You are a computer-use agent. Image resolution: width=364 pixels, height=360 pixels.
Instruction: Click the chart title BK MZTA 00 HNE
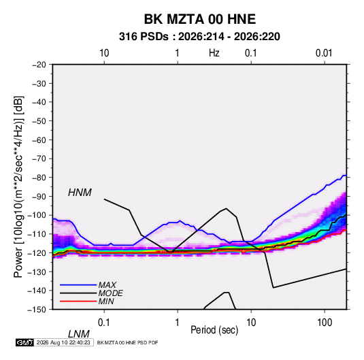click(200, 19)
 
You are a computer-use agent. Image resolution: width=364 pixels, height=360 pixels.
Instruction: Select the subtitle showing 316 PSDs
click(199, 37)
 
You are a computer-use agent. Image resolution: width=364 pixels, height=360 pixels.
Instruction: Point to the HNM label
click(80, 193)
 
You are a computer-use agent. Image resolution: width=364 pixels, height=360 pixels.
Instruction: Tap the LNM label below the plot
click(79, 334)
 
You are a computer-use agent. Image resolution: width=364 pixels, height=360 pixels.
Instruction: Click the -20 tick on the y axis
click(39, 65)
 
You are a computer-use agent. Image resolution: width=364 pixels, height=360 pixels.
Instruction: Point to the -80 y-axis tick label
click(39, 178)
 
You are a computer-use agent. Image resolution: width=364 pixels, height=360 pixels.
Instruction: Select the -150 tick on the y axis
click(37, 310)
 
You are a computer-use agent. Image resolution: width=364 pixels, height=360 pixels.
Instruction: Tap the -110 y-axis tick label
click(37, 234)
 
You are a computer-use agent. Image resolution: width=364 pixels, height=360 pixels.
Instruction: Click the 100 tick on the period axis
click(325, 322)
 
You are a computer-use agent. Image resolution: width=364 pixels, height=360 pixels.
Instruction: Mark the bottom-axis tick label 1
click(178, 322)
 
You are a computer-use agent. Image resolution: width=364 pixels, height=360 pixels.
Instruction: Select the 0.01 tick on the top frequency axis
click(324, 53)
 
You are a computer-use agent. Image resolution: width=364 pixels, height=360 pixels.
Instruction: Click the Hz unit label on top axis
click(214, 53)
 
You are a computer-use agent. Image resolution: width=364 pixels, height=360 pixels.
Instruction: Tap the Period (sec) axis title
click(214, 329)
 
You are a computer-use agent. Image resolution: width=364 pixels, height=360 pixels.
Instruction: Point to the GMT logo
click(24, 342)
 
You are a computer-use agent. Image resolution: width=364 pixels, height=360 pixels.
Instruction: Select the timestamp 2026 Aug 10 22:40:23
click(63, 342)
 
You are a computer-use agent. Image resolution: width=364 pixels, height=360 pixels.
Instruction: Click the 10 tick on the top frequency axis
click(104, 53)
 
